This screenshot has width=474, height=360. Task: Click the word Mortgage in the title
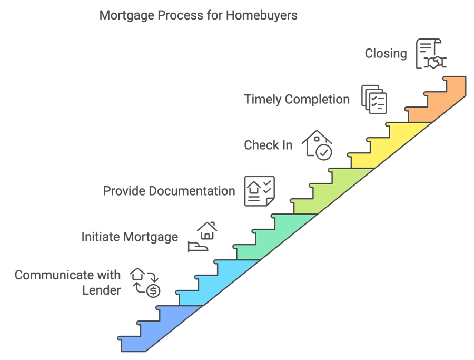tap(126, 16)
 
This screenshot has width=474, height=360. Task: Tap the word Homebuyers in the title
tap(261, 15)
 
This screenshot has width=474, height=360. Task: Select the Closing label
tap(386, 54)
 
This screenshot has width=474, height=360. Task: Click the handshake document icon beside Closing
tap(431, 54)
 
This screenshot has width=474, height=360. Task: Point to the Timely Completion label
tap(297, 100)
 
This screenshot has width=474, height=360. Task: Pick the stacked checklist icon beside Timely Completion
tap(374, 99)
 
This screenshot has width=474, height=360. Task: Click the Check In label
tap(268, 145)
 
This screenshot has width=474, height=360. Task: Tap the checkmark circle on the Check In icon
tap(324, 152)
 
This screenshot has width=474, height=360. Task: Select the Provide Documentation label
tap(169, 191)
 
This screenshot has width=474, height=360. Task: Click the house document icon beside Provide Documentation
tap(259, 191)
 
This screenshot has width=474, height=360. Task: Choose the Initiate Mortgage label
tap(130, 237)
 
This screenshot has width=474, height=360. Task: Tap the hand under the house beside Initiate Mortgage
tap(197, 247)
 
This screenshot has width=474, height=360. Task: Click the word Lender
tap(102, 290)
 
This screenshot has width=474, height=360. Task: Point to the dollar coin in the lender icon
tap(153, 291)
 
